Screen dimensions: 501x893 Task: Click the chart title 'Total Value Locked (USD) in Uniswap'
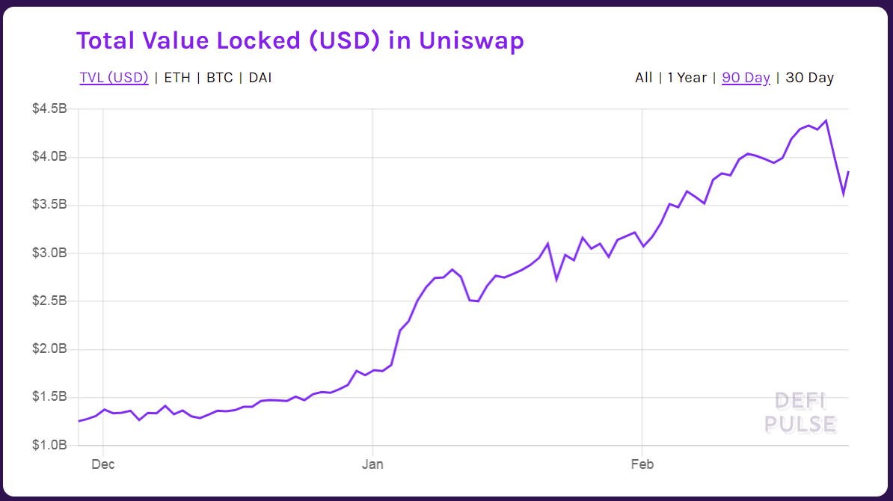(x=300, y=41)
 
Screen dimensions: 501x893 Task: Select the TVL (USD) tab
(x=114, y=78)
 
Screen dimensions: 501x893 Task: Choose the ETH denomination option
(x=177, y=78)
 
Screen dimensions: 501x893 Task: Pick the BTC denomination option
(x=219, y=78)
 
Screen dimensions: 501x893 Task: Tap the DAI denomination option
(x=260, y=78)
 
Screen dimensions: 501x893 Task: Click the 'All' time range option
(x=643, y=78)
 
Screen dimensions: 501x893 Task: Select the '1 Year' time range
(x=687, y=78)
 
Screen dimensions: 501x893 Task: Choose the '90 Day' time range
(x=746, y=78)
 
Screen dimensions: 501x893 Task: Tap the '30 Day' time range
(x=809, y=78)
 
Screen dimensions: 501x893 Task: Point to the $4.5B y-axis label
(x=50, y=109)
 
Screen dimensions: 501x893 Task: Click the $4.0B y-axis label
(x=50, y=157)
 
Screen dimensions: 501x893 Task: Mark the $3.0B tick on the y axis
(x=50, y=253)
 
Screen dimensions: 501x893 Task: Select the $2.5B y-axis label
(x=50, y=301)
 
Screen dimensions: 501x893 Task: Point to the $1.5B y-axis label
(x=50, y=397)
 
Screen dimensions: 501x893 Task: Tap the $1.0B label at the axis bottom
(x=50, y=445)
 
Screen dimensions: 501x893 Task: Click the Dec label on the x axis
(x=102, y=464)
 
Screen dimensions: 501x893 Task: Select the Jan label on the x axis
(x=372, y=464)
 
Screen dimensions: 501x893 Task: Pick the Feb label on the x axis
(x=642, y=464)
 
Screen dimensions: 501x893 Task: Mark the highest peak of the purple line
(x=826, y=120)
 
